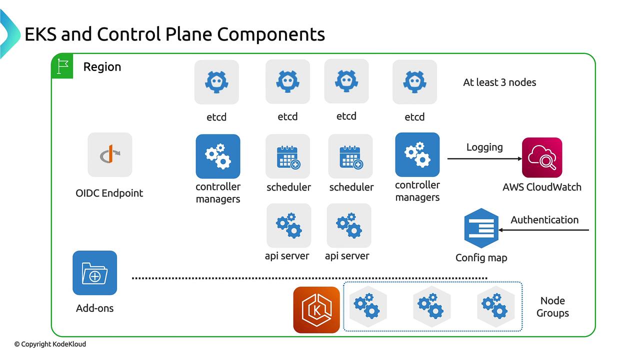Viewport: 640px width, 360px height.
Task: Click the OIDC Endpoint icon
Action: (110, 154)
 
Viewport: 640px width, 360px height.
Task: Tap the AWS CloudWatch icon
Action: (542, 157)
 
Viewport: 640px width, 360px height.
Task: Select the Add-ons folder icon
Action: (95, 273)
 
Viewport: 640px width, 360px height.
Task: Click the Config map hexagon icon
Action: (481, 228)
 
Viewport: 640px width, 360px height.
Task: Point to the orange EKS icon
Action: (316, 309)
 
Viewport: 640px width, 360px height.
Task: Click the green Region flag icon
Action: (62, 66)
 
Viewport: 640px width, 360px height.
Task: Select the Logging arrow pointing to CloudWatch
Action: (484, 158)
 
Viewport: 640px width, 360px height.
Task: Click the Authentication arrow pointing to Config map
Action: (543, 230)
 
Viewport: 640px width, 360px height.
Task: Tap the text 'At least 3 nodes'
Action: (499, 82)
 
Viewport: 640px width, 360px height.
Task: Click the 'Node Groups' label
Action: (552, 307)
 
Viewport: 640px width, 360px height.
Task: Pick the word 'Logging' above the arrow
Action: (484, 147)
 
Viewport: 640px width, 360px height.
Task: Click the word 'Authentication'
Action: (544, 219)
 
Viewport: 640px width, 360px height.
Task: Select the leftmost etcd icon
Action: (216, 82)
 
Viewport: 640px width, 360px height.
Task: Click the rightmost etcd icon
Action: (415, 82)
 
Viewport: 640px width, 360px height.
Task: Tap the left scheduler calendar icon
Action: (287, 156)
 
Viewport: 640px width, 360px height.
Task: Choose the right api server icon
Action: (349, 225)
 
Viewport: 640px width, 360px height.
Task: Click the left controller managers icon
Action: (218, 156)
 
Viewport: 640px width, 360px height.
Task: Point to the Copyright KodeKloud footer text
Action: (50, 344)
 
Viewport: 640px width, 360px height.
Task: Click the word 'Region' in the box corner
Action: (102, 67)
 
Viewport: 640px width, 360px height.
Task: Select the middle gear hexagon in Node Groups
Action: (431, 306)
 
